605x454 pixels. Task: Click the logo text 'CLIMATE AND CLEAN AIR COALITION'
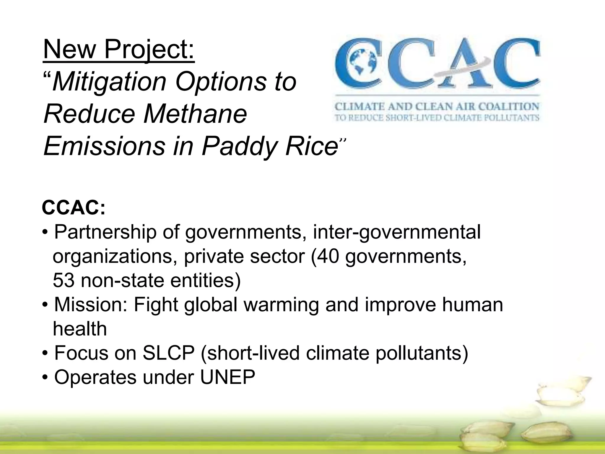437,106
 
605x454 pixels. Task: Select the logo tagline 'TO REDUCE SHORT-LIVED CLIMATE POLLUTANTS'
437,118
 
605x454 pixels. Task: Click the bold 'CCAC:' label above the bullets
74,208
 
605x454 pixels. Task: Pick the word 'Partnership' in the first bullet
105,232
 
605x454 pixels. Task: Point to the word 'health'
80,329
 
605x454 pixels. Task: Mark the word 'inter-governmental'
397,232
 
